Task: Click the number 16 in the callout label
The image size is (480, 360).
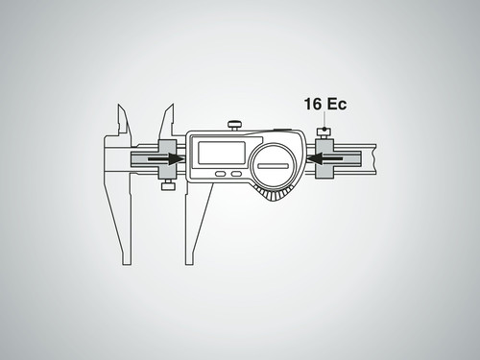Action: tap(313, 105)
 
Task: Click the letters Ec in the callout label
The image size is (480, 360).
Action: tap(336, 105)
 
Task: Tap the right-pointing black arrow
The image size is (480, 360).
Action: tap(165, 158)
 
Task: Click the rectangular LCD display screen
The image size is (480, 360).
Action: tap(222, 153)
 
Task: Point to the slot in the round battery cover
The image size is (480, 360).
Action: tap(273, 166)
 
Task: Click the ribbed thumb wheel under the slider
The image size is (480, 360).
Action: tap(273, 195)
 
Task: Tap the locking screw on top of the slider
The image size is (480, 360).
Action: tap(234, 126)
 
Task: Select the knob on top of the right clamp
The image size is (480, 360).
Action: tap(324, 132)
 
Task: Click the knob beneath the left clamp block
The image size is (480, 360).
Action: tap(169, 185)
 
